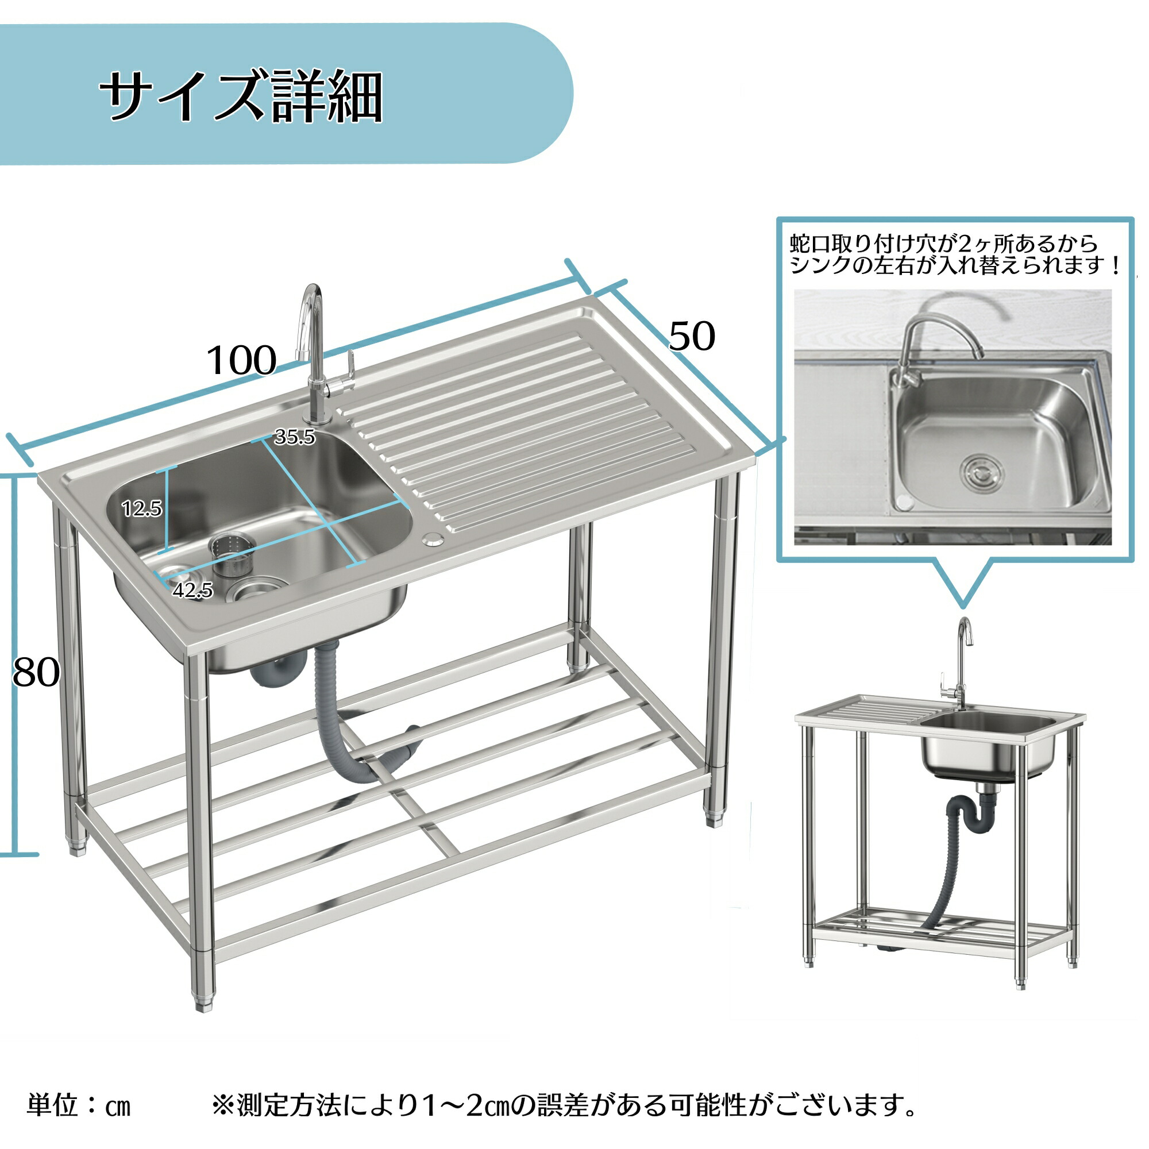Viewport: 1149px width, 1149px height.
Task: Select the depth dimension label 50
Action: (692, 336)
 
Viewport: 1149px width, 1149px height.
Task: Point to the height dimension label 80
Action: (36, 673)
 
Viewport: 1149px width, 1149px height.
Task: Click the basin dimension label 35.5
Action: (294, 437)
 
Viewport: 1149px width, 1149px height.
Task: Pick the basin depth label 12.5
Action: (141, 508)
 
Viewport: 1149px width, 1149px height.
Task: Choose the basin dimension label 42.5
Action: (192, 590)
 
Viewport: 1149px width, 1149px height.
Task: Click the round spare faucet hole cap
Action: (433, 540)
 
